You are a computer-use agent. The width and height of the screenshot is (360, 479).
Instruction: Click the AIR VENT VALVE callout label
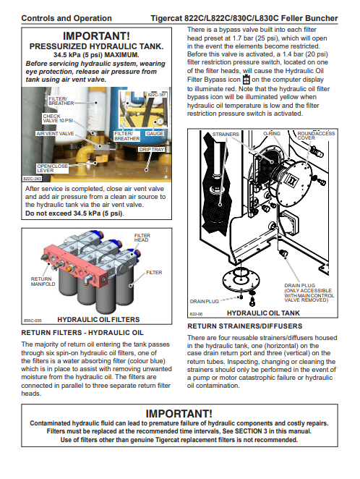(55, 134)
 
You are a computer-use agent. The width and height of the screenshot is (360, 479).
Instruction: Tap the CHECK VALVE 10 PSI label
(58, 118)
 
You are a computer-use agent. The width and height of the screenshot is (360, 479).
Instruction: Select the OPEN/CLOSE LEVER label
(52, 169)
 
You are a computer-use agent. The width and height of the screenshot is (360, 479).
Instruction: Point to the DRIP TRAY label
(152, 149)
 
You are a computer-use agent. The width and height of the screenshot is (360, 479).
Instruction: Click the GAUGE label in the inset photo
(155, 134)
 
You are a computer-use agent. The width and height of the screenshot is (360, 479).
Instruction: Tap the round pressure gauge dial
(160, 122)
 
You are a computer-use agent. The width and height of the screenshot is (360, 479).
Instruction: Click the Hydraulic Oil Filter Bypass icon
(246, 80)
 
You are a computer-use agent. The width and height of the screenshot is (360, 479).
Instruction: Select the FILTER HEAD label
(142, 237)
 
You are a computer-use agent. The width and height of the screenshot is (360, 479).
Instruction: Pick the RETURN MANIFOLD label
(43, 281)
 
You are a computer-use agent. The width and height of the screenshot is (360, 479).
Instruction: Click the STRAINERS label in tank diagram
(226, 135)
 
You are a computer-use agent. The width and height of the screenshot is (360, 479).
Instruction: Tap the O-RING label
(272, 134)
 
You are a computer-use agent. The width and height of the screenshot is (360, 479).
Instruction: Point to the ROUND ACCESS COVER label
(316, 135)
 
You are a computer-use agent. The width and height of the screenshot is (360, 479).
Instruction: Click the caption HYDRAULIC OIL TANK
(263, 313)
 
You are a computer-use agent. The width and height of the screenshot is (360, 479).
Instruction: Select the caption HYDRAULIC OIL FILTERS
(98, 320)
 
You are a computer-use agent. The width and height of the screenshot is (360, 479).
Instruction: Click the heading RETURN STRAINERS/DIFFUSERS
(244, 326)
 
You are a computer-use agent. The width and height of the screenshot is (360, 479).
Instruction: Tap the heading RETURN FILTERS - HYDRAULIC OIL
(82, 333)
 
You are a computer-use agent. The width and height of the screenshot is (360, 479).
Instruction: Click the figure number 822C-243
(32, 179)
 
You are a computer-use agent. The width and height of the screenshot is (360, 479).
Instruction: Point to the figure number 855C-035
(33, 321)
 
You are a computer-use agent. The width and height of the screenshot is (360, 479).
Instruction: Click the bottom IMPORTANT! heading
(179, 414)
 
